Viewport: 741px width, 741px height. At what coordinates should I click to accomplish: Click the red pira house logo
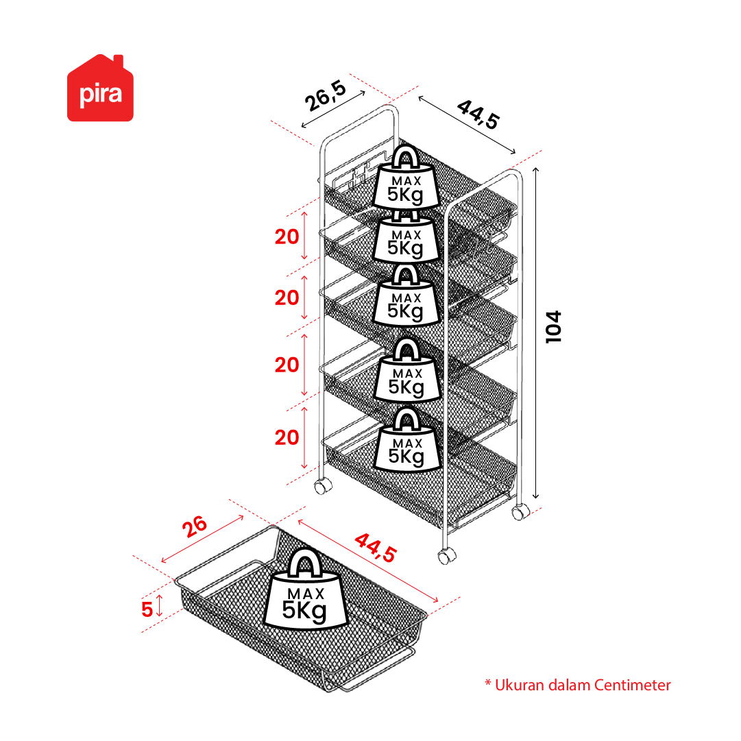coord(100,88)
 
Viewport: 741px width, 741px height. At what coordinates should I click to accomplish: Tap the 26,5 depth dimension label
coord(325,96)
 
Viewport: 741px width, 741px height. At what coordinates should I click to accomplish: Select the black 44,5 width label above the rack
coord(478,114)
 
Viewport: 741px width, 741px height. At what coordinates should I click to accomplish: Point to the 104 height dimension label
coord(553,327)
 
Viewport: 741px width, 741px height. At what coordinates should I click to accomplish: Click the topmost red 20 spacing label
coord(287,236)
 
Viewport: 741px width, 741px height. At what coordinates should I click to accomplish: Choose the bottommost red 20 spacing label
coord(287,437)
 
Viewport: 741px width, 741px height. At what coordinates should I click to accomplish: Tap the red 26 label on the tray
coord(195,526)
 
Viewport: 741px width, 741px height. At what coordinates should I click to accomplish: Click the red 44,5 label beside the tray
coord(376,548)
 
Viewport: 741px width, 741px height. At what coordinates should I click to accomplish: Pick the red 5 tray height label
coord(147,609)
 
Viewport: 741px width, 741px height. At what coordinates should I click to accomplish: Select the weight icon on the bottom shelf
coord(407,441)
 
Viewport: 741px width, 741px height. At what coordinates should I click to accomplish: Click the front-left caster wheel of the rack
coord(324,485)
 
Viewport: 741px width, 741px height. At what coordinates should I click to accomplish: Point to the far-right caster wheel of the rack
coord(520,512)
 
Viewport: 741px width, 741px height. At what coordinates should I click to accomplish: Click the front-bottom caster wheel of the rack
coord(446,556)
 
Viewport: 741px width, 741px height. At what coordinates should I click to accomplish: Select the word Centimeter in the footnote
coord(632,685)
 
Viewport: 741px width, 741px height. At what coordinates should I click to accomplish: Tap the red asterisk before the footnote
coord(488,683)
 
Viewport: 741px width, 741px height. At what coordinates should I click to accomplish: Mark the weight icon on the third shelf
coord(406,295)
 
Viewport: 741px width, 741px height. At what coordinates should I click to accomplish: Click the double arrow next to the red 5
coord(160,606)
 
